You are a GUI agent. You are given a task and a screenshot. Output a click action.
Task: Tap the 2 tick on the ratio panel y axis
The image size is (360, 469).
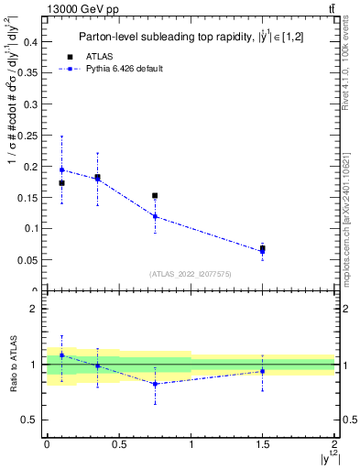point(34,309)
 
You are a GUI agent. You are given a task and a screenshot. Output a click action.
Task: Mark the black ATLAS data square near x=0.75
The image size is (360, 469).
point(155,195)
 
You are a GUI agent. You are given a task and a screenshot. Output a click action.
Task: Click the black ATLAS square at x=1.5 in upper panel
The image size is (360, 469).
point(263,248)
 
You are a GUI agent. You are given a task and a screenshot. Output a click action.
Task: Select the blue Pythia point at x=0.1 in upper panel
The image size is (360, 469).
point(61,169)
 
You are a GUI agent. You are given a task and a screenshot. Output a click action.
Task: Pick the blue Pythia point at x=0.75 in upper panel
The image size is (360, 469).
point(155,216)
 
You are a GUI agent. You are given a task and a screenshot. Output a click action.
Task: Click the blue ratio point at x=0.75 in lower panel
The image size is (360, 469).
point(155,384)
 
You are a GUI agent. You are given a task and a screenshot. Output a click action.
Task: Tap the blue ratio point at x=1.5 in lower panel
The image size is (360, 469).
point(263,371)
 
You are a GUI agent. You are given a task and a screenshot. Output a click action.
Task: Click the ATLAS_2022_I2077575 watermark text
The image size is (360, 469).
point(191,274)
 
